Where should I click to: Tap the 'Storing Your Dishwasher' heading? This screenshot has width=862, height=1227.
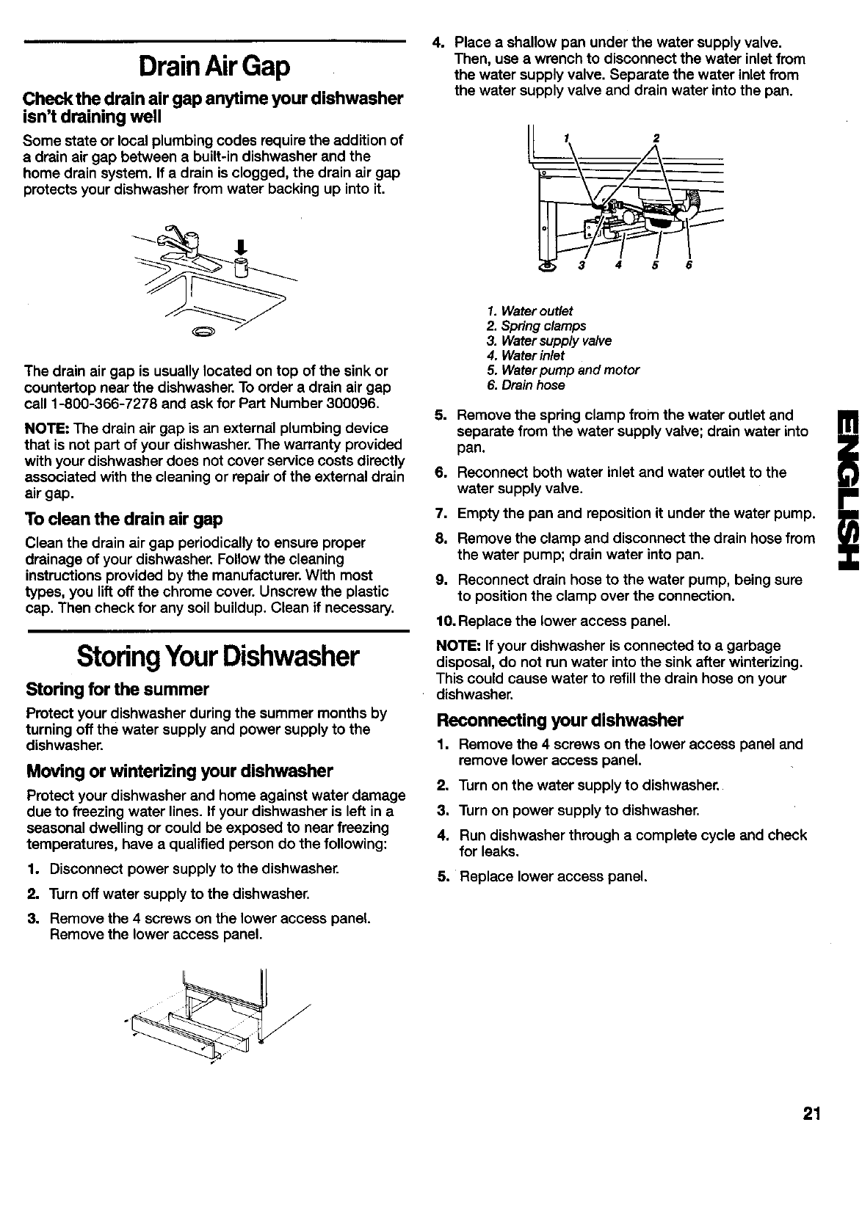[x=217, y=656]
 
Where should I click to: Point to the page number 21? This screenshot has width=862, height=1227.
[x=811, y=1114]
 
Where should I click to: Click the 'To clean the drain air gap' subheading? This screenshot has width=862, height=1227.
[x=123, y=498]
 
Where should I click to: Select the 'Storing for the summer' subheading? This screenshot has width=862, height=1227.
[x=117, y=690]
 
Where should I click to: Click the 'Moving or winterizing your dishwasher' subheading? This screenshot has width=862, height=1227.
[x=179, y=771]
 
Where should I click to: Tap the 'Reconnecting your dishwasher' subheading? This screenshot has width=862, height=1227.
[x=559, y=719]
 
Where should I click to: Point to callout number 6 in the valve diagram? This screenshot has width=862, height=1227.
[x=688, y=266]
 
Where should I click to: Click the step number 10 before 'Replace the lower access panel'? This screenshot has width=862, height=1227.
[x=445, y=622]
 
